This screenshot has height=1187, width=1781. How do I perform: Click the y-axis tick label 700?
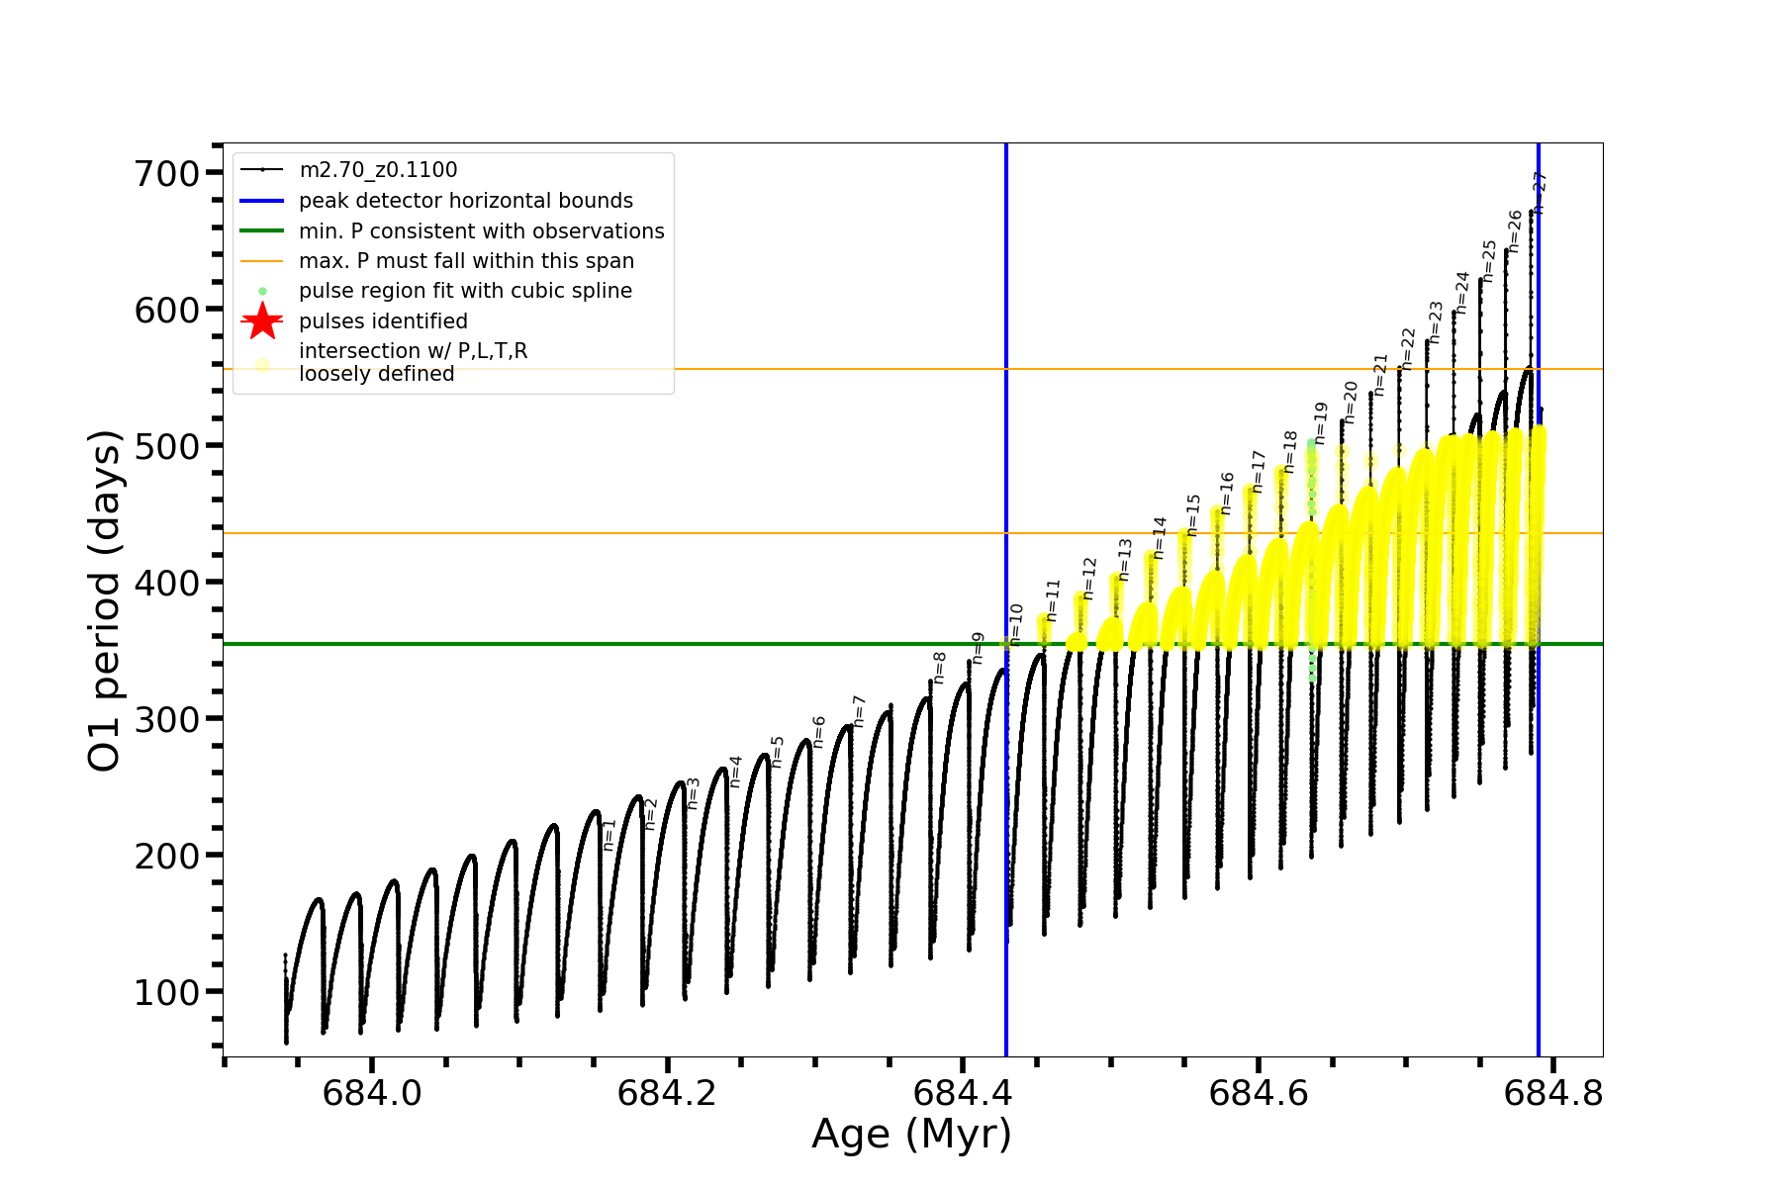coord(166,173)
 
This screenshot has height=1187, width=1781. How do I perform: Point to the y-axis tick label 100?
coord(166,992)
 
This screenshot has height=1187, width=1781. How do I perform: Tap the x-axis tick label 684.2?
coord(667,1093)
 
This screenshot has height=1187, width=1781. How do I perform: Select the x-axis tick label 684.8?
coord(1553,1093)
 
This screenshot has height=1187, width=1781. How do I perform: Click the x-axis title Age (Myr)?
coord(911,1135)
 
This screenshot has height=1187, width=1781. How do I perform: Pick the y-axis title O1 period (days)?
coord(104,600)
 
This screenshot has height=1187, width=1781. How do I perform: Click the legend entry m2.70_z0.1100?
coord(378,170)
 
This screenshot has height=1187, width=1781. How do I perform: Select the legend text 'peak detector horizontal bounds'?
coord(465,201)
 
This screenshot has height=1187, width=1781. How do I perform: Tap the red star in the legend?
coord(262,321)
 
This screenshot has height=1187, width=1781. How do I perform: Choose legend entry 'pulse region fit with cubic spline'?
coord(465,291)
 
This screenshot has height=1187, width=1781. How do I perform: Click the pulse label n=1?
coord(609,834)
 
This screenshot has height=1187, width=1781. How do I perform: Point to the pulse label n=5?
coord(778,752)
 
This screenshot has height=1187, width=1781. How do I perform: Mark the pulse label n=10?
coord(1016,623)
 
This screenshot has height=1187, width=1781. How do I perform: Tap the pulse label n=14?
coord(1160,537)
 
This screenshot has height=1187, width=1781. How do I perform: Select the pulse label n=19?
coord(1320,422)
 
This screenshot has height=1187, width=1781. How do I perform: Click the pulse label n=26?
coord(1515,231)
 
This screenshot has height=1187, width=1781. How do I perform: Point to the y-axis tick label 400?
coord(166,583)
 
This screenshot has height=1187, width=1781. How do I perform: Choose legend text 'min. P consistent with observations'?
coord(481,231)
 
